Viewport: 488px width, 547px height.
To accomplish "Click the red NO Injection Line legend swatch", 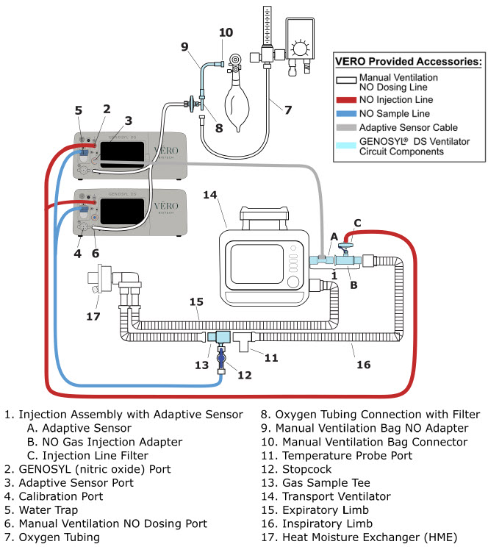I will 345,99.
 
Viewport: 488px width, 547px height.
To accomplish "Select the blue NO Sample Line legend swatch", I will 345,113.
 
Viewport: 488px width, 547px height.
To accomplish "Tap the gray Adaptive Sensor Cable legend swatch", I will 345,127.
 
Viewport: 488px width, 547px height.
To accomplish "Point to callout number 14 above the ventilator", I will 210,194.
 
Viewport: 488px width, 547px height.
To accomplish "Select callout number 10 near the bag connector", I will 226,32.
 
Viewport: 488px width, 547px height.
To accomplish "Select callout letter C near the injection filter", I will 357,222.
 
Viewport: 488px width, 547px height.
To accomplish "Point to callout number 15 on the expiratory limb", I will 197,301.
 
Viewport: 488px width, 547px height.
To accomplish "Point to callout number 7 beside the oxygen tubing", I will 287,110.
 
